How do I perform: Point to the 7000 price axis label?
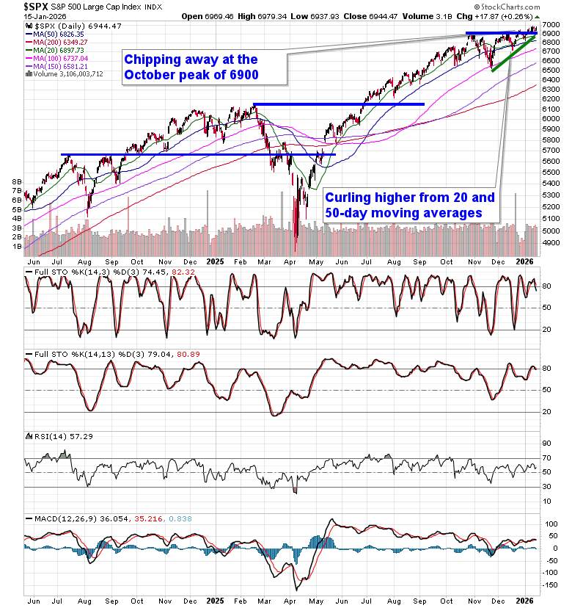551,24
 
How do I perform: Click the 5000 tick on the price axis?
551,231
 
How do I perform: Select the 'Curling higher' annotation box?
411,205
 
